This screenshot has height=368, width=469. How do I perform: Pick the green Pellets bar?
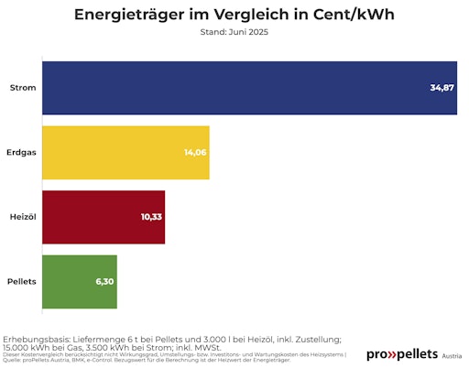80,282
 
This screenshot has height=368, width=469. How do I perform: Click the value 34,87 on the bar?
442,88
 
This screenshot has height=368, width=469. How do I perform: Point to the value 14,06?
194,153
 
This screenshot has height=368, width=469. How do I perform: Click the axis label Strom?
23,88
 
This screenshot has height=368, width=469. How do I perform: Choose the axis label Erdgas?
21,153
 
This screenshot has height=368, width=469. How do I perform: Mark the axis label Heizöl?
22,217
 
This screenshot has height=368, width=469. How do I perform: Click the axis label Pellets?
21,282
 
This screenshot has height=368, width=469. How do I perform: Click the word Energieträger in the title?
125,16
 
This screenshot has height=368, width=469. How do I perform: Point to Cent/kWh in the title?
351,16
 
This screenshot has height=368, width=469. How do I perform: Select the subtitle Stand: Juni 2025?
234,32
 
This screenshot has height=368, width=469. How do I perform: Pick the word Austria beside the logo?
452,356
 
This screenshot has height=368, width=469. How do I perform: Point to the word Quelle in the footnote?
11,361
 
